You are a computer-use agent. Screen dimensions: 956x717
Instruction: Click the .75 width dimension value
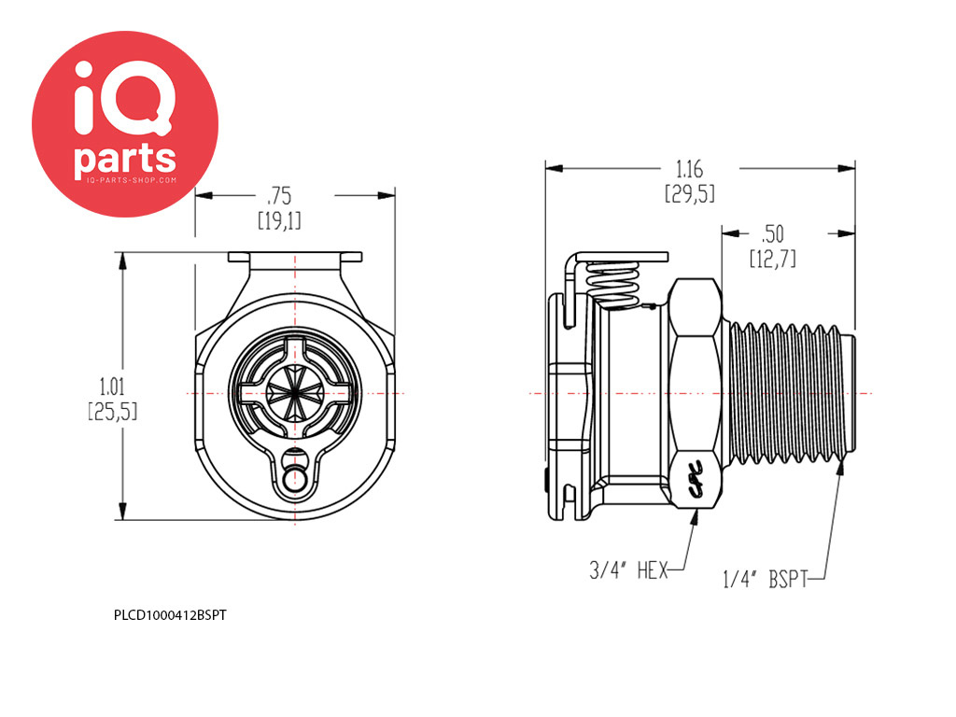(279, 196)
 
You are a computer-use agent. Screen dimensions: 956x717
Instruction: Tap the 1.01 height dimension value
(112, 386)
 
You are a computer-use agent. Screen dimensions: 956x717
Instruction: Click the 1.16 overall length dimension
(690, 169)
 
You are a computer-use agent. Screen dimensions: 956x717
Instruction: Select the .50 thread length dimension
(772, 233)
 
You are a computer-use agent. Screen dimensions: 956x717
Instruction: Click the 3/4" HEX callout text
(628, 570)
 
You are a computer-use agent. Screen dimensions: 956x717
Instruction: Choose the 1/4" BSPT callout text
(766, 579)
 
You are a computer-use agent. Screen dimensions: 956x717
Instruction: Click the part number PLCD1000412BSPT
(170, 615)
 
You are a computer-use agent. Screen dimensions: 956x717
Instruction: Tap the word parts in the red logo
(125, 159)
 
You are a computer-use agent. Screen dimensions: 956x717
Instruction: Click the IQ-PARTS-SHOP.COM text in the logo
(132, 180)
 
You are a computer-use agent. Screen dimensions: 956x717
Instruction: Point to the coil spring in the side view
(613, 283)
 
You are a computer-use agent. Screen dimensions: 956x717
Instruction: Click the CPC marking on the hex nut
(696, 479)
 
